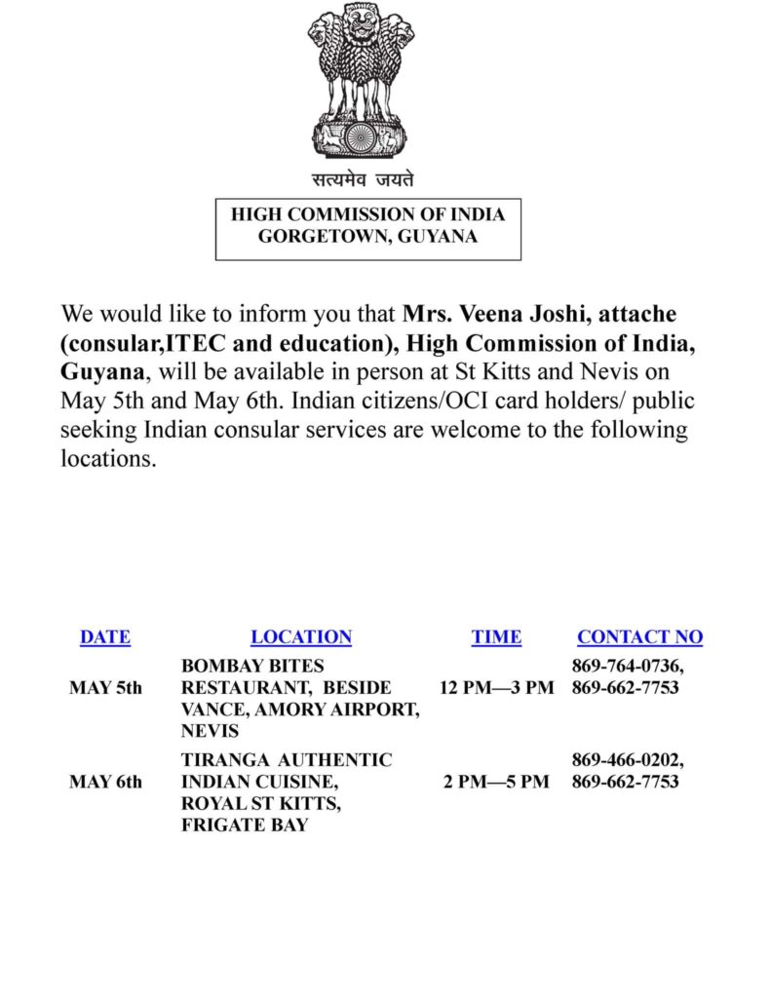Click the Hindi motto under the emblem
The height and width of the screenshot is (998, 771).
click(x=363, y=179)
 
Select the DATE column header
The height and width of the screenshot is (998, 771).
click(x=105, y=637)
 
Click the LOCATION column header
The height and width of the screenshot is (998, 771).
click(x=301, y=637)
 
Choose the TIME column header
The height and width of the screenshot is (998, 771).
click(x=496, y=637)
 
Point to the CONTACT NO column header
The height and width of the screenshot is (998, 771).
click(x=639, y=637)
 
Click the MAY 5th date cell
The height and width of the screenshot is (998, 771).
click(x=105, y=688)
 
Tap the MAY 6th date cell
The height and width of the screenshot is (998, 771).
click(x=105, y=782)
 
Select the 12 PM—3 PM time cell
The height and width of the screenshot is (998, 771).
click(x=496, y=688)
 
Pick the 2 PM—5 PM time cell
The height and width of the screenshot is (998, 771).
click(x=496, y=782)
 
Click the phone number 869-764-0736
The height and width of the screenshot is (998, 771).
click(x=627, y=667)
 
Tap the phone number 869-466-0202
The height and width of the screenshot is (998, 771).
click(x=627, y=760)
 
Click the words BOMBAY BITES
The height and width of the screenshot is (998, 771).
click(x=252, y=667)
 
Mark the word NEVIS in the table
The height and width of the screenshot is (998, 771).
click(x=210, y=731)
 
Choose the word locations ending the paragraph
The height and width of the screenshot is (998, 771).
click(x=108, y=459)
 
